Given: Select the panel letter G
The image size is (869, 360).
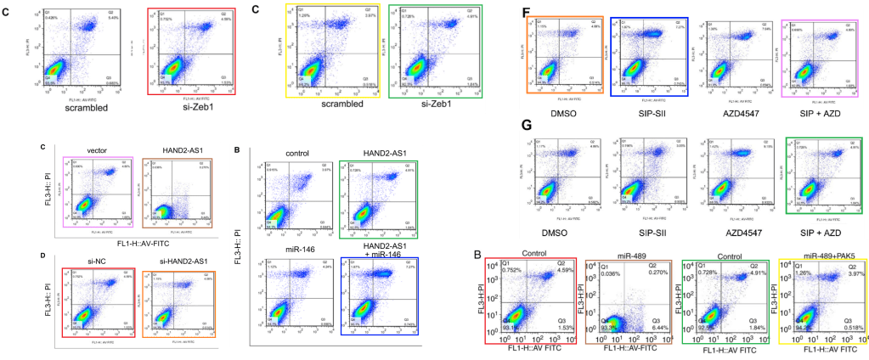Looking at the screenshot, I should point(527,124).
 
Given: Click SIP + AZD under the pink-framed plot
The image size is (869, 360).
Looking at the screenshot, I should point(810,110).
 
